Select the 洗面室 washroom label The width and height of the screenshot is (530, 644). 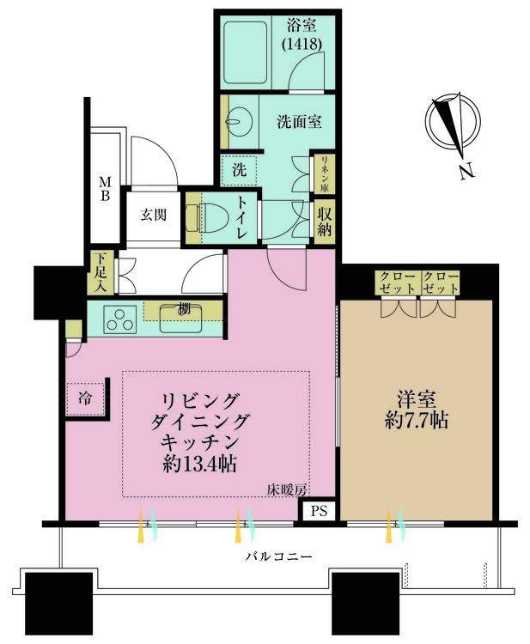(x=299, y=122)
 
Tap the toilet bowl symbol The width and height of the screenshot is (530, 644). (x=210, y=218)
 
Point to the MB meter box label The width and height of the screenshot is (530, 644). (x=104, y=188)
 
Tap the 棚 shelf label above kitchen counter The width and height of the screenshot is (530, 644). (x=182, y=309)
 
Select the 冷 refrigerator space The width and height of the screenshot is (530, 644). (x=86, y=398)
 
